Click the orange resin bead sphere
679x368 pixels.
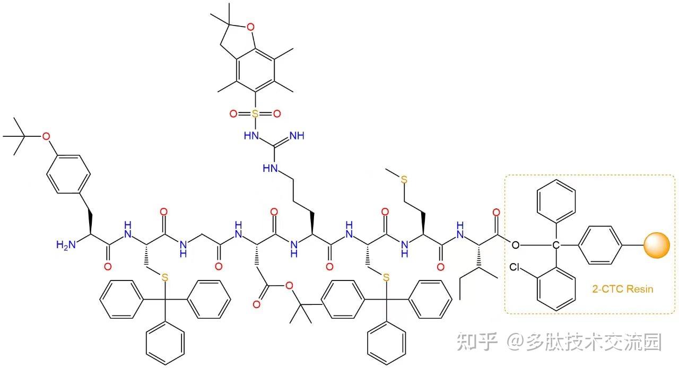657,246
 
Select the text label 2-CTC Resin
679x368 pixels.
622,289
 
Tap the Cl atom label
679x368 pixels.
516,267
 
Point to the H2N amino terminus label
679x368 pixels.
66,244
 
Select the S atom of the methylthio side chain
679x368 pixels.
404,180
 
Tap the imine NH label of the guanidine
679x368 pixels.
297,136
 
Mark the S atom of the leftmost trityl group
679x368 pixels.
165,277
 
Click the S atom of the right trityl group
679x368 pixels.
386,277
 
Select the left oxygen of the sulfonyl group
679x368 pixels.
233,113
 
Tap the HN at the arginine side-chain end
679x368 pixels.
270,168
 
